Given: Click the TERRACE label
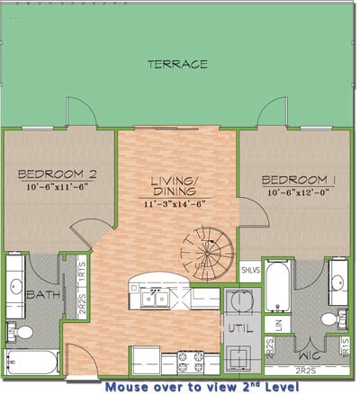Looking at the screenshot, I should (179, 64).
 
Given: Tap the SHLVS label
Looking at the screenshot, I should (251, 270).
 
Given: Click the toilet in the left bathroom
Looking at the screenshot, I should (22, 333).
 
